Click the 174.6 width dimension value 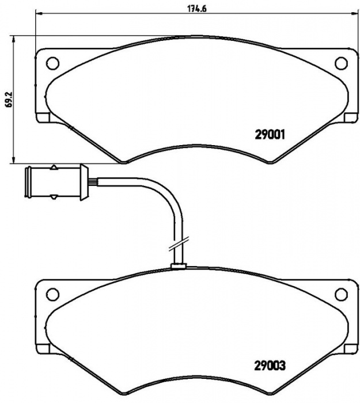197,9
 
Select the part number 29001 270,135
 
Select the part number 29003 270,365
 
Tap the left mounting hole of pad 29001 52,63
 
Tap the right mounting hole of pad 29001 342,63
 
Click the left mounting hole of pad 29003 52,294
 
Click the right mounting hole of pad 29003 342,294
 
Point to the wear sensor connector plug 56,183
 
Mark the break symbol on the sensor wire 179,243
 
